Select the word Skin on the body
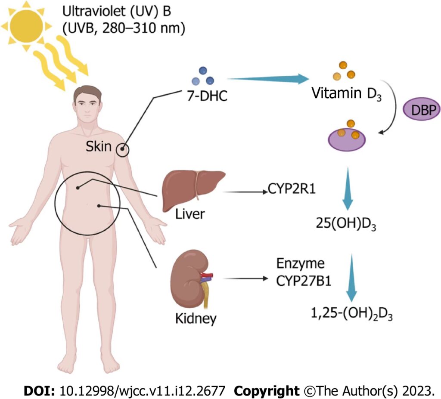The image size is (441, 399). click(99, 147)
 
